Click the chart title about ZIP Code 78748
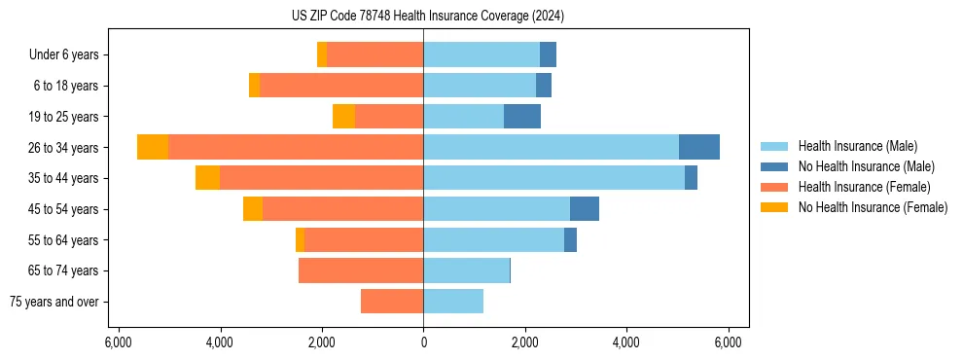click(x=481, y=16)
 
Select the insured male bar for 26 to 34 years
click(x=551, y=147)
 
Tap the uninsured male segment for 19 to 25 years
click(x=522, y=116)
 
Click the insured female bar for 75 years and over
click(x=392, y=302)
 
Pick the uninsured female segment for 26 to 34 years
click(x=153, y=147)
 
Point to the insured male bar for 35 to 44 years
click(x=553, y=178)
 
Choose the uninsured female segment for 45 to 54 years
click(x=253, y=209)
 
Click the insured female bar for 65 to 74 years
click(x=361, y=270)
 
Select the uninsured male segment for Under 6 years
click(x=548, y=54)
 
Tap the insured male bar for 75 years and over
click(x=453, y=302)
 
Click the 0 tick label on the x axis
click(x=423, y=342)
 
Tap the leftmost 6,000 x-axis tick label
click(x=118, y=342)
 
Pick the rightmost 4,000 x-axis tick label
click(x=626, y=342)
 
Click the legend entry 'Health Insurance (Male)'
click(x=857, y=146)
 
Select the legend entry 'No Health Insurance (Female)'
click(x=873, y=207)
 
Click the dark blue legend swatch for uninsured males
click(x=774, y=166)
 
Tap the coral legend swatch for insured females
click(x=774, y=187)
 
